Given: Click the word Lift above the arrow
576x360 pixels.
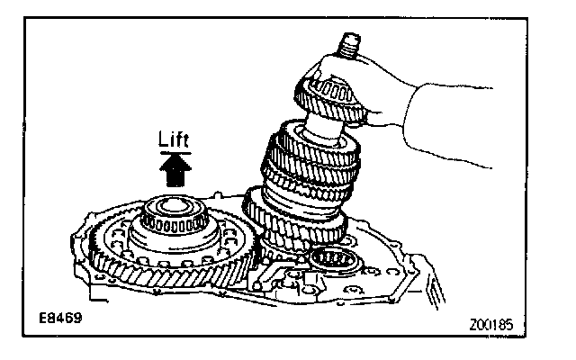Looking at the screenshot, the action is click(x=173, y=140).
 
